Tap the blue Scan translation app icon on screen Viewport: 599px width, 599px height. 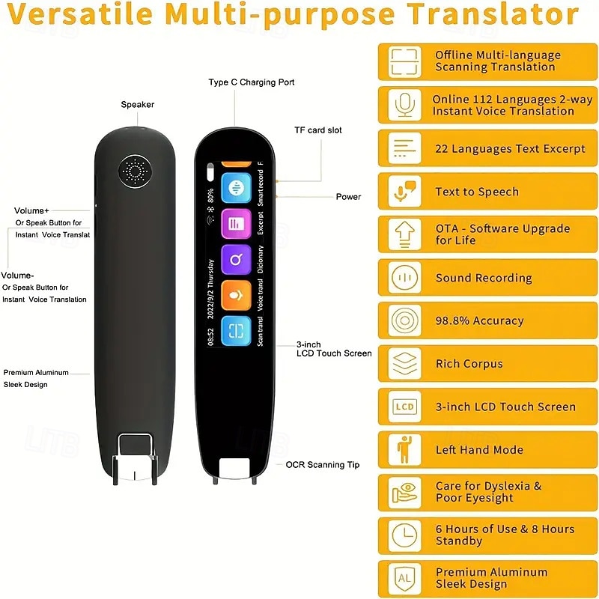[236, 331]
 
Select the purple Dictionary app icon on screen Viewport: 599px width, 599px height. [236, 259]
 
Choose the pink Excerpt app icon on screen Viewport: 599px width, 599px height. [236, 223]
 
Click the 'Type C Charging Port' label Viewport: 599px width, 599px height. [252, 82]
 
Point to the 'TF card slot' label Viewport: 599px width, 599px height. [318, 130]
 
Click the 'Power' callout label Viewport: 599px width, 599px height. [348, 197]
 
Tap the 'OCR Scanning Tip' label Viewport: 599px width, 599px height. [323, 465]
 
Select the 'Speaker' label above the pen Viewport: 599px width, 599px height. [138, 105]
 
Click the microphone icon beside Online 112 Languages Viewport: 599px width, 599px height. [405, 106]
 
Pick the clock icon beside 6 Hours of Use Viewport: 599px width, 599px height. [404, 535]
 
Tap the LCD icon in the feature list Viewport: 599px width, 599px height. [404, 407]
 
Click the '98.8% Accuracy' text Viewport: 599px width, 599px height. [479, 320]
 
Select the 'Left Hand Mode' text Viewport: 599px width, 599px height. [479, 450]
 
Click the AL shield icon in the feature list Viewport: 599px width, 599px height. [404, 578]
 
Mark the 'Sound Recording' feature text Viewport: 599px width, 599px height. [484, 278]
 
